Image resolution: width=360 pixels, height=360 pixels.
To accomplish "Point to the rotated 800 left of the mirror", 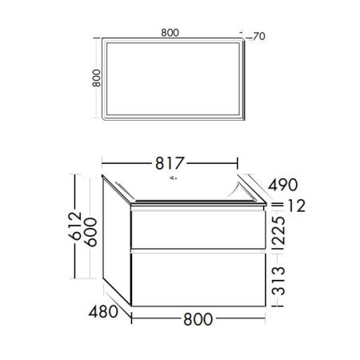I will pos(95,78).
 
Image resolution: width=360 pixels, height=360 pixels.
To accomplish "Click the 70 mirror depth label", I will pos(258,36).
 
